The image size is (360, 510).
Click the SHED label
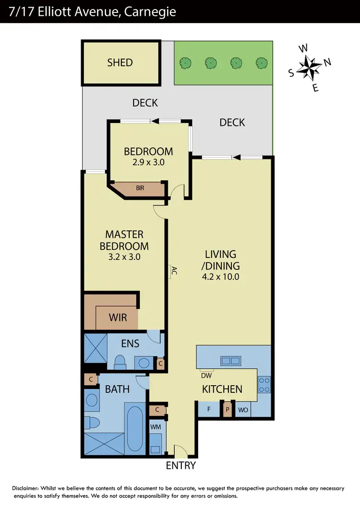pos(120,62)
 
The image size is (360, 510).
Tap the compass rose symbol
pos(309,67)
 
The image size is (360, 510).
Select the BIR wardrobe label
pos(140,188)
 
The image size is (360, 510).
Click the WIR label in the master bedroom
pos(118,317)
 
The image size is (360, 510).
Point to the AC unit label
pos(174,271)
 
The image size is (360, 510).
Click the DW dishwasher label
pos(206,376)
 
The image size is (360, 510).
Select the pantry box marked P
pos(228,410)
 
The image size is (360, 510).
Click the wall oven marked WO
pos(243,410)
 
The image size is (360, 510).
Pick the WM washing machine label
pos(156,426)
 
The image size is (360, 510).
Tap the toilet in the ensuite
pos(120,361)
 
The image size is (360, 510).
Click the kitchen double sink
pos(230,361)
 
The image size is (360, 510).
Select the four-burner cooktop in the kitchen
pos(264,384)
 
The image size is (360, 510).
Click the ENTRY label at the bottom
pos(181,465)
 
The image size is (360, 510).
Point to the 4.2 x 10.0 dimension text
pos(221,277)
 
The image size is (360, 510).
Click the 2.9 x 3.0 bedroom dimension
pos(148,162)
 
